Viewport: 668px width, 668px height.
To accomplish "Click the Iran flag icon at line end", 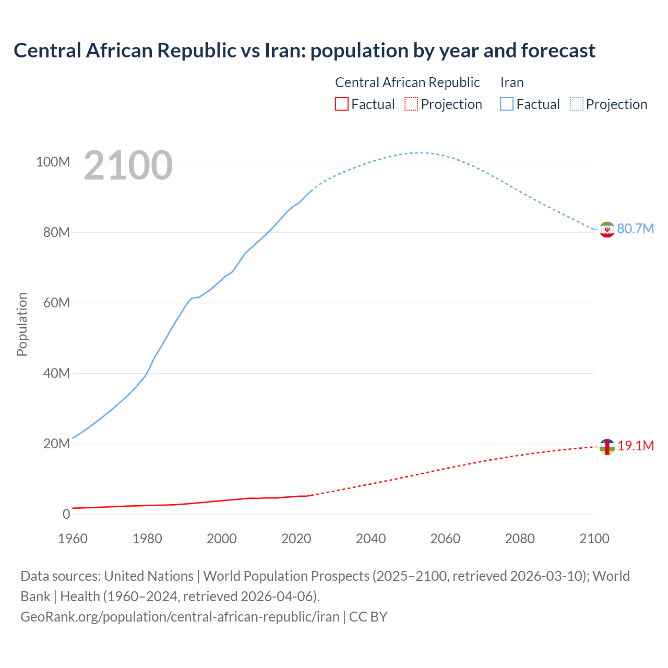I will [607, 230].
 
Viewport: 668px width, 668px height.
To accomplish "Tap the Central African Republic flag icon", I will [607, 447].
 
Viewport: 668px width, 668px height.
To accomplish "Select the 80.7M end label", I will [635, 229].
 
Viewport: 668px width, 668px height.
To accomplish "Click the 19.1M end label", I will [636, 446].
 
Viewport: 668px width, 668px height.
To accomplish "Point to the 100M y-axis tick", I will [53, 162].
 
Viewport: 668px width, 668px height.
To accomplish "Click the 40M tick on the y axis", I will [56, 373].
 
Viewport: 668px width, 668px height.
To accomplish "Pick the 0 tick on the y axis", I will [66, 514].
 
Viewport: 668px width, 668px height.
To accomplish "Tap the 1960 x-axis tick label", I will [73, 539].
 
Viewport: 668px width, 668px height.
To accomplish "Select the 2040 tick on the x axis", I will [371, 539].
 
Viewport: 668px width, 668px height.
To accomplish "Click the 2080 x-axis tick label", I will [520, 539].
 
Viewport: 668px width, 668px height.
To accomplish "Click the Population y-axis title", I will [22, 324].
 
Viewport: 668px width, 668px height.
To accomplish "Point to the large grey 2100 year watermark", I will [128, 165].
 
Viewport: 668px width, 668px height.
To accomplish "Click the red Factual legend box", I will [341, 104].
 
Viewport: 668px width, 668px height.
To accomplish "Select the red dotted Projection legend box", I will [411, 104].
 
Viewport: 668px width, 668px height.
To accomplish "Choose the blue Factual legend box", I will [507, 104].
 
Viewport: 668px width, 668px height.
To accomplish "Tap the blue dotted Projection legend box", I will [576, 104].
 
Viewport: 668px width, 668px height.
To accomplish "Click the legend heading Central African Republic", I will [407, 82].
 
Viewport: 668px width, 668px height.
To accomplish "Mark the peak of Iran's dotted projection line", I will [419, 152].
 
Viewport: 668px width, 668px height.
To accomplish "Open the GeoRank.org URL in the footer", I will [180, 616].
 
